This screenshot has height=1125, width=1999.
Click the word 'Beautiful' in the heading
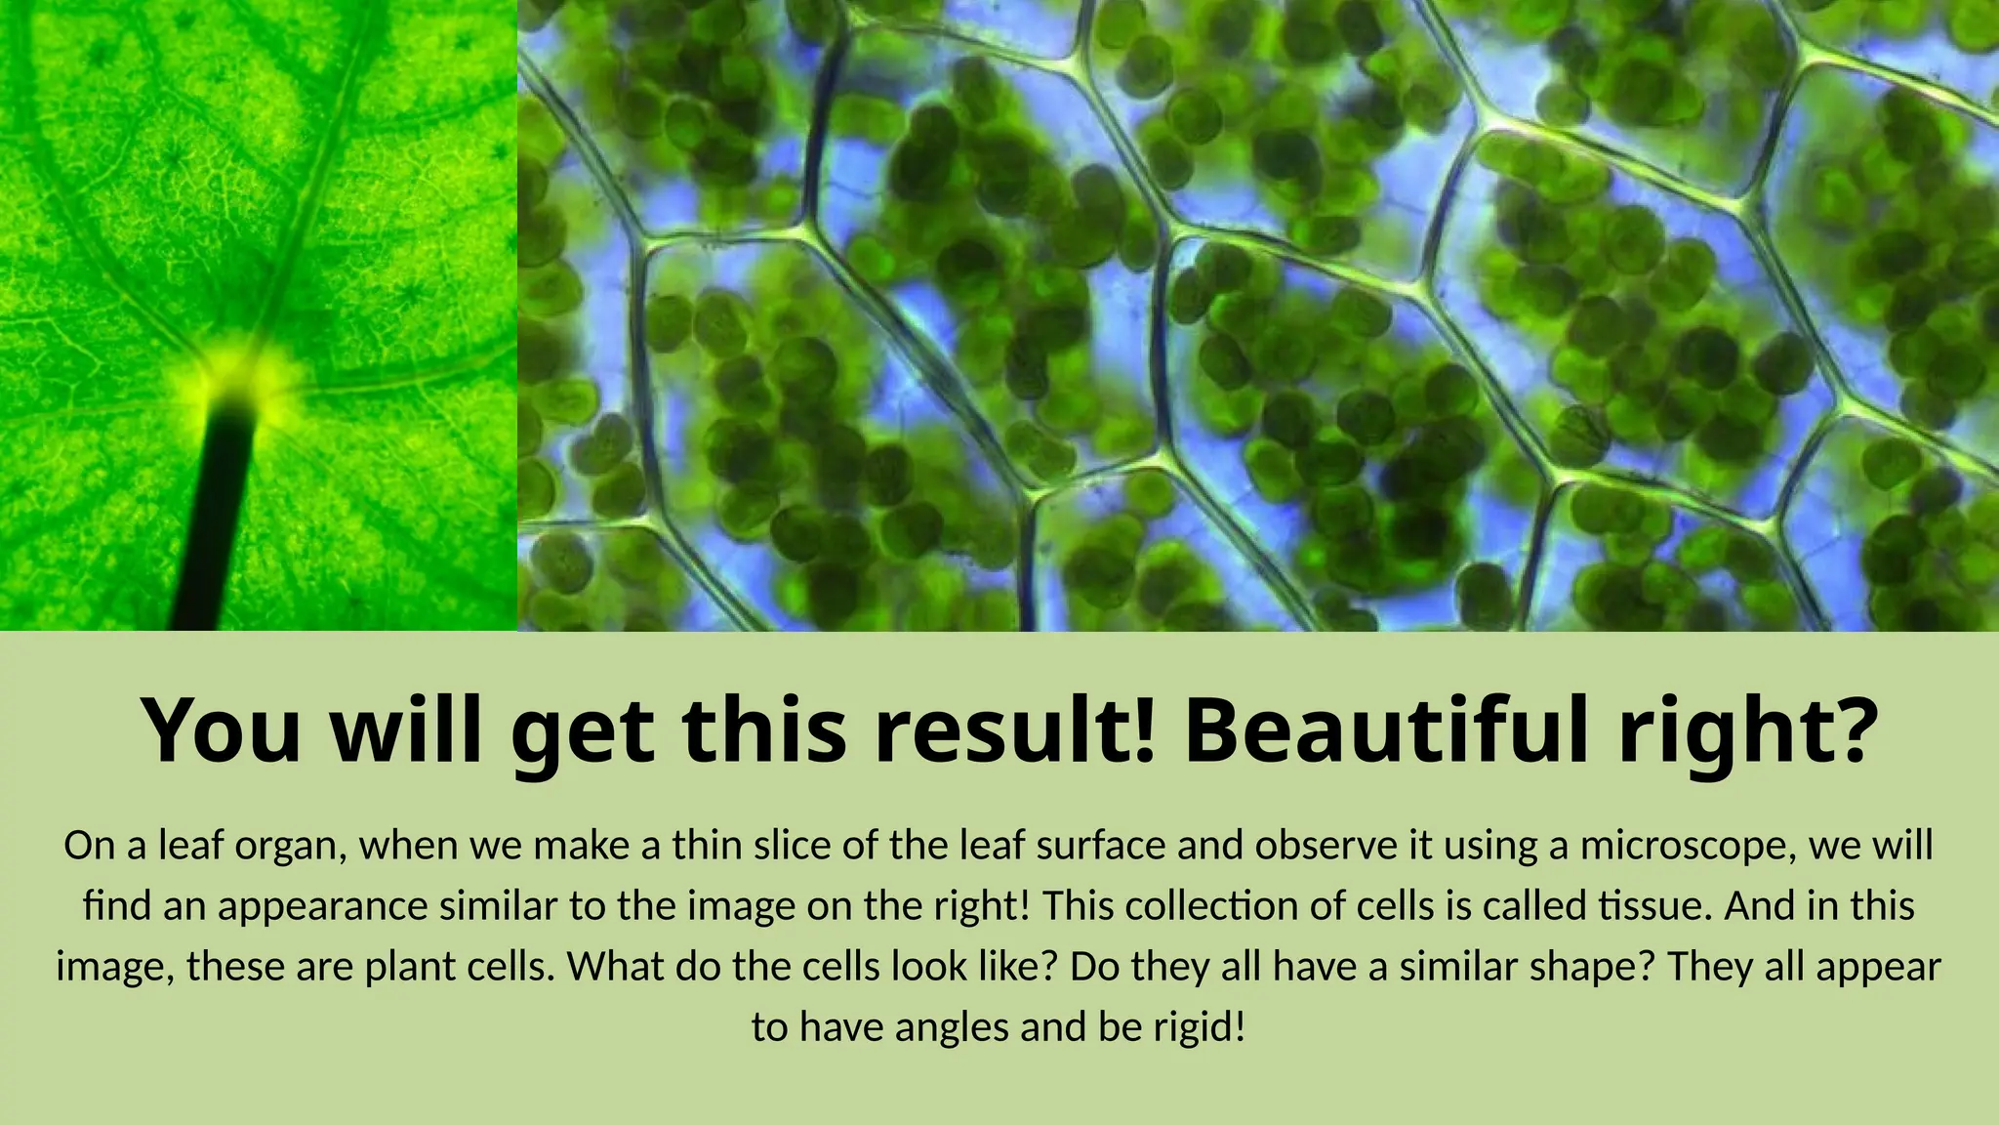[1386, 729]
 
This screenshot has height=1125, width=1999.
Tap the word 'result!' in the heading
[1015, 729]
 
